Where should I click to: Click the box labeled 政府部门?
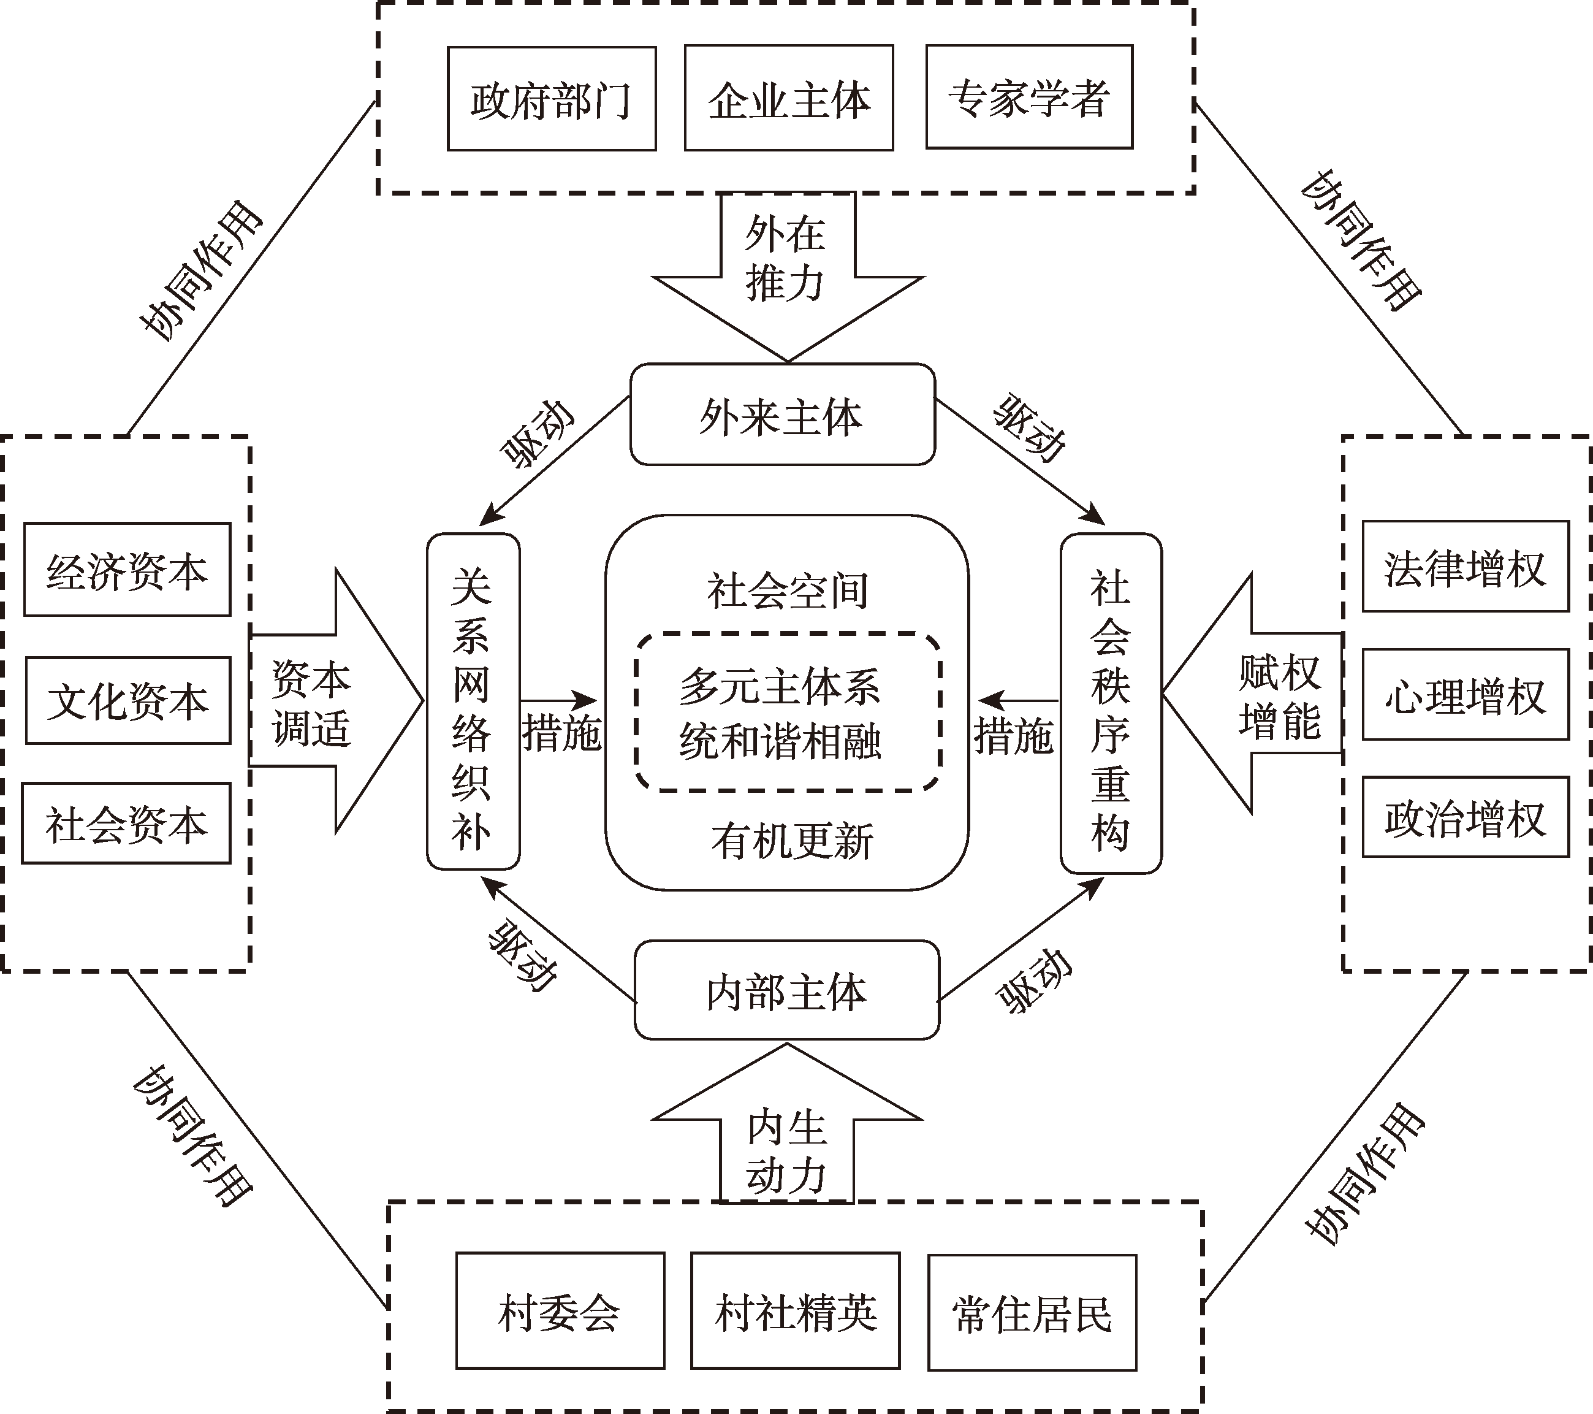[x=551, y=99]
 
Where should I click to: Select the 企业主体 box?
[x=789, y=99]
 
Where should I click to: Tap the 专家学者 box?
[x=1028, y=97]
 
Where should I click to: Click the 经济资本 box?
[x=127, y=570]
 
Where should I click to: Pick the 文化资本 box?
[x=128, y=700]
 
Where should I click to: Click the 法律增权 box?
[x=1465, y=567]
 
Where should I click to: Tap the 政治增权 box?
[x=1465, y=817]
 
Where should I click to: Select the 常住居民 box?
[x=1032, y=1312]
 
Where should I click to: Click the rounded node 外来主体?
[x=781, y=415]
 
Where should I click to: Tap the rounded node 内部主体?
[x=786, y=990]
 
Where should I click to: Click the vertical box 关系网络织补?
[x=473, y=701]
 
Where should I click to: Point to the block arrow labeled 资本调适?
[x=327, y=701]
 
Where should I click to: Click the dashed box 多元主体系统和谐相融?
[x=787, y=712]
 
